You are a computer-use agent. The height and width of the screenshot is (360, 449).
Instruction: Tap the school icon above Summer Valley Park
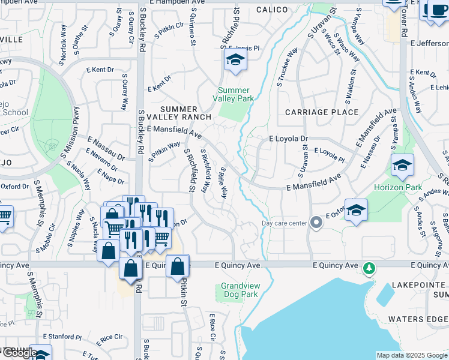(235, 60)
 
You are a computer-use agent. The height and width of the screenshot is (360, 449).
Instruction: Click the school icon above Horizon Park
(402, 165)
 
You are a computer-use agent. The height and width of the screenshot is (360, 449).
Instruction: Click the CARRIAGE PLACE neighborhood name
(322, 112)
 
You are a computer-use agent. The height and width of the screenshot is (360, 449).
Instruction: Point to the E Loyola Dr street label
(288, 138)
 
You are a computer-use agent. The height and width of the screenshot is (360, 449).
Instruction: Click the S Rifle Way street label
(222, 184)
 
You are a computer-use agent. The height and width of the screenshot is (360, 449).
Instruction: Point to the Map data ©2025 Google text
(412, 355)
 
